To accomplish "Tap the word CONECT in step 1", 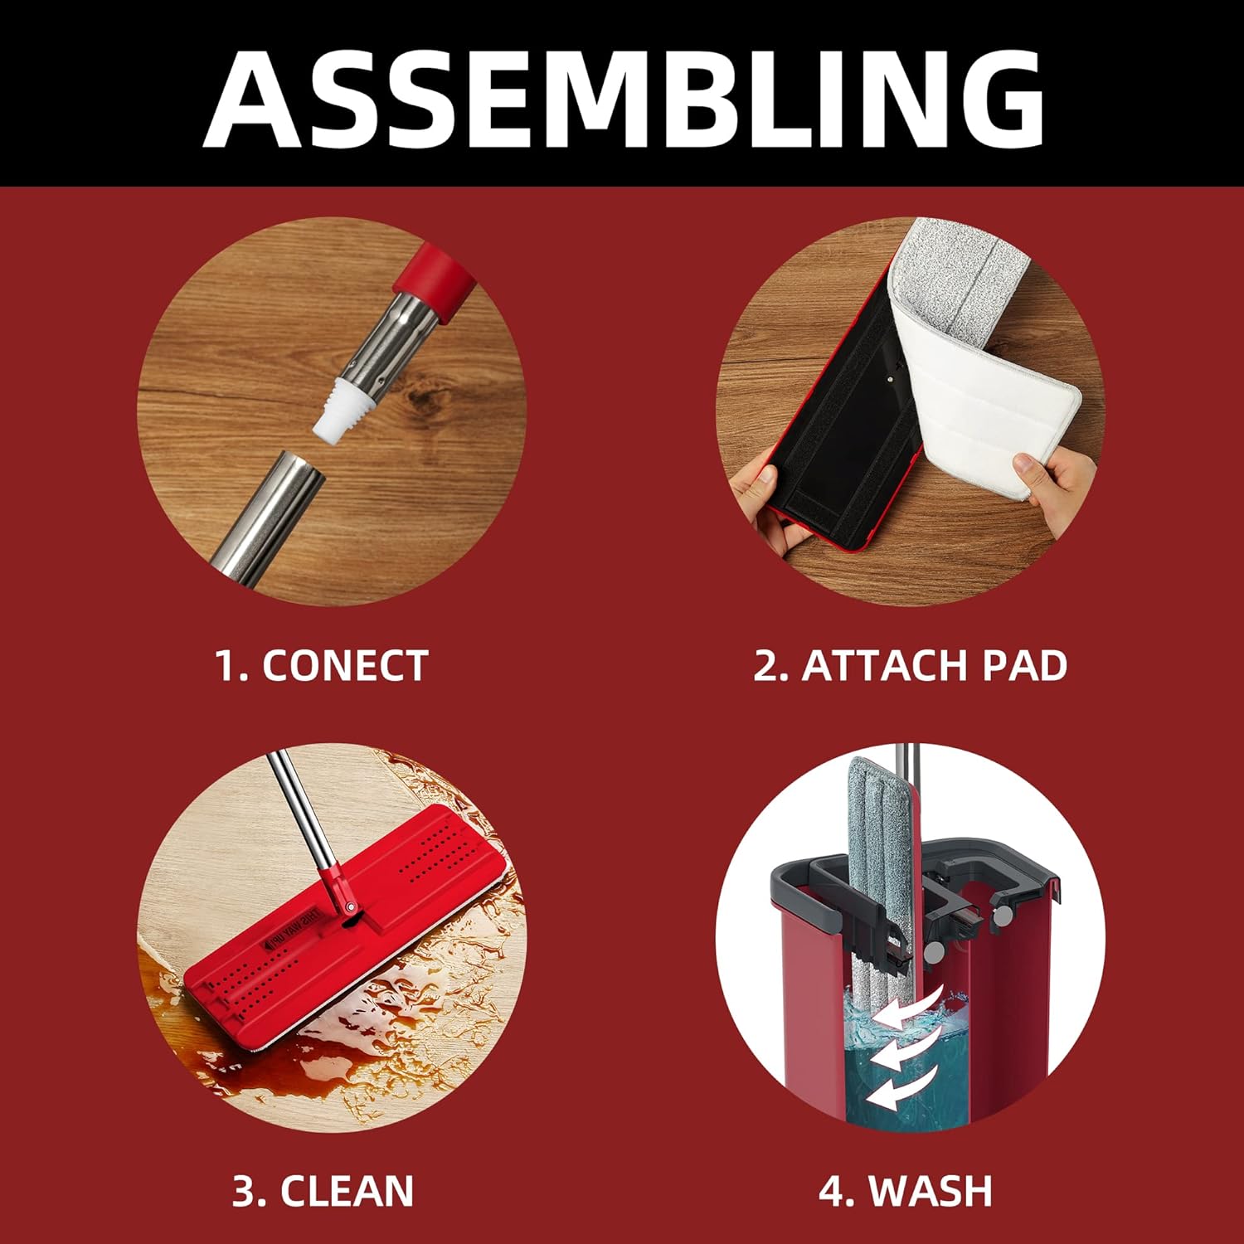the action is click(345, 666).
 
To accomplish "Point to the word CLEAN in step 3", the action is click(347, 1192).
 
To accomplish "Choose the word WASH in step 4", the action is click(931, 1192).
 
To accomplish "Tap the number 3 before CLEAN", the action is click(245, 1192).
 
